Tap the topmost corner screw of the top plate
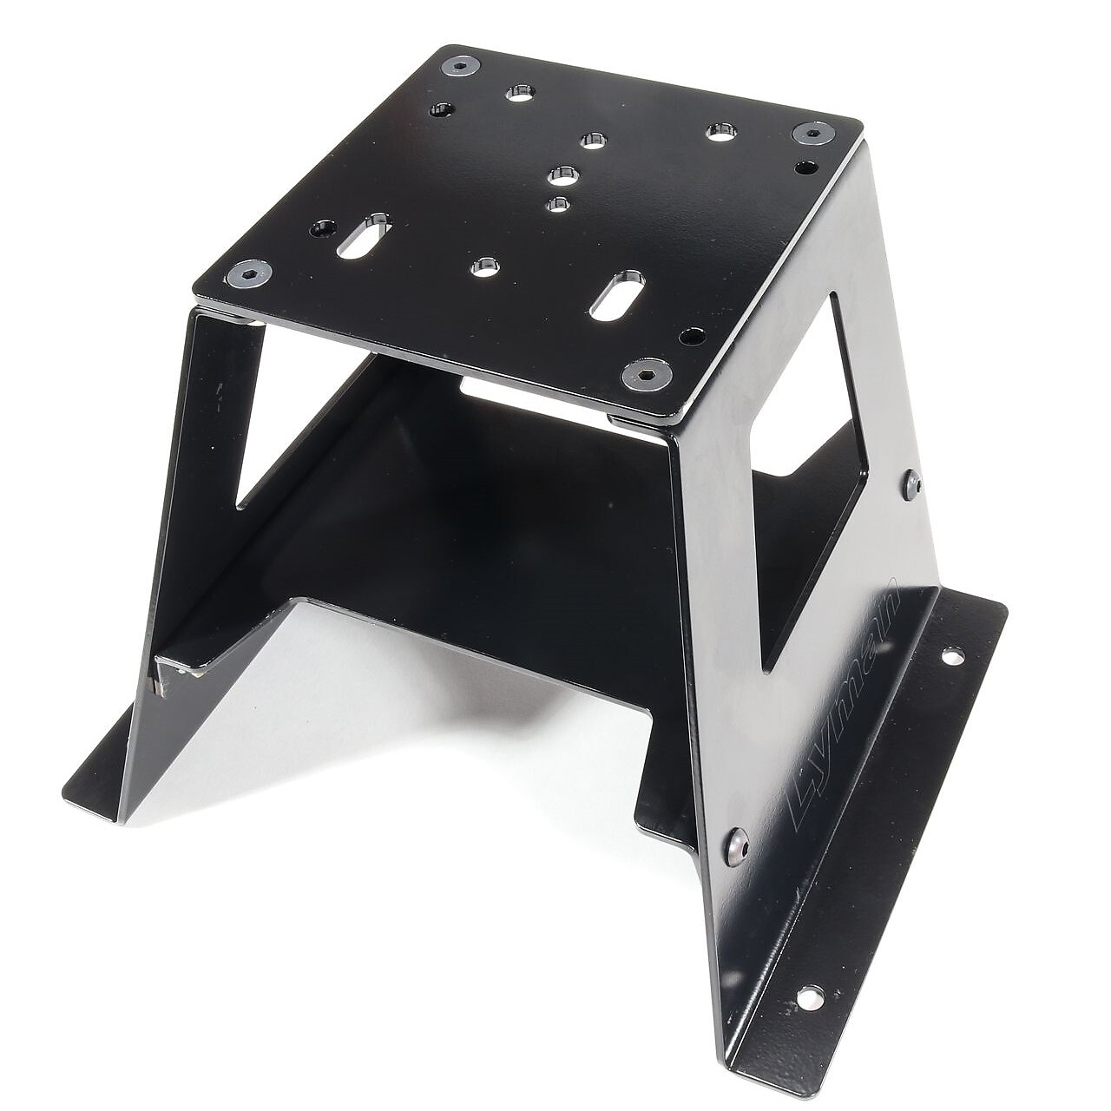(x=463, y=65)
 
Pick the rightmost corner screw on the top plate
(x=813, y=133)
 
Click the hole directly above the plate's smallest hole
(x=562, y=174)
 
